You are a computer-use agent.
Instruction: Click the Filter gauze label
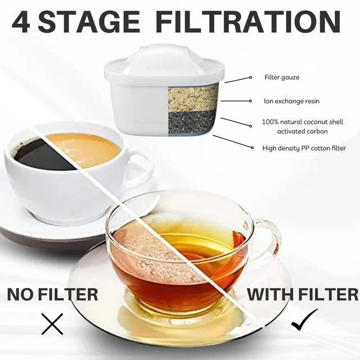282,77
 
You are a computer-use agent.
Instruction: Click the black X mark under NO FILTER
52,324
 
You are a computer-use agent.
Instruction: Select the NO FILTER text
52,294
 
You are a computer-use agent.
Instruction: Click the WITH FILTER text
303,294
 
